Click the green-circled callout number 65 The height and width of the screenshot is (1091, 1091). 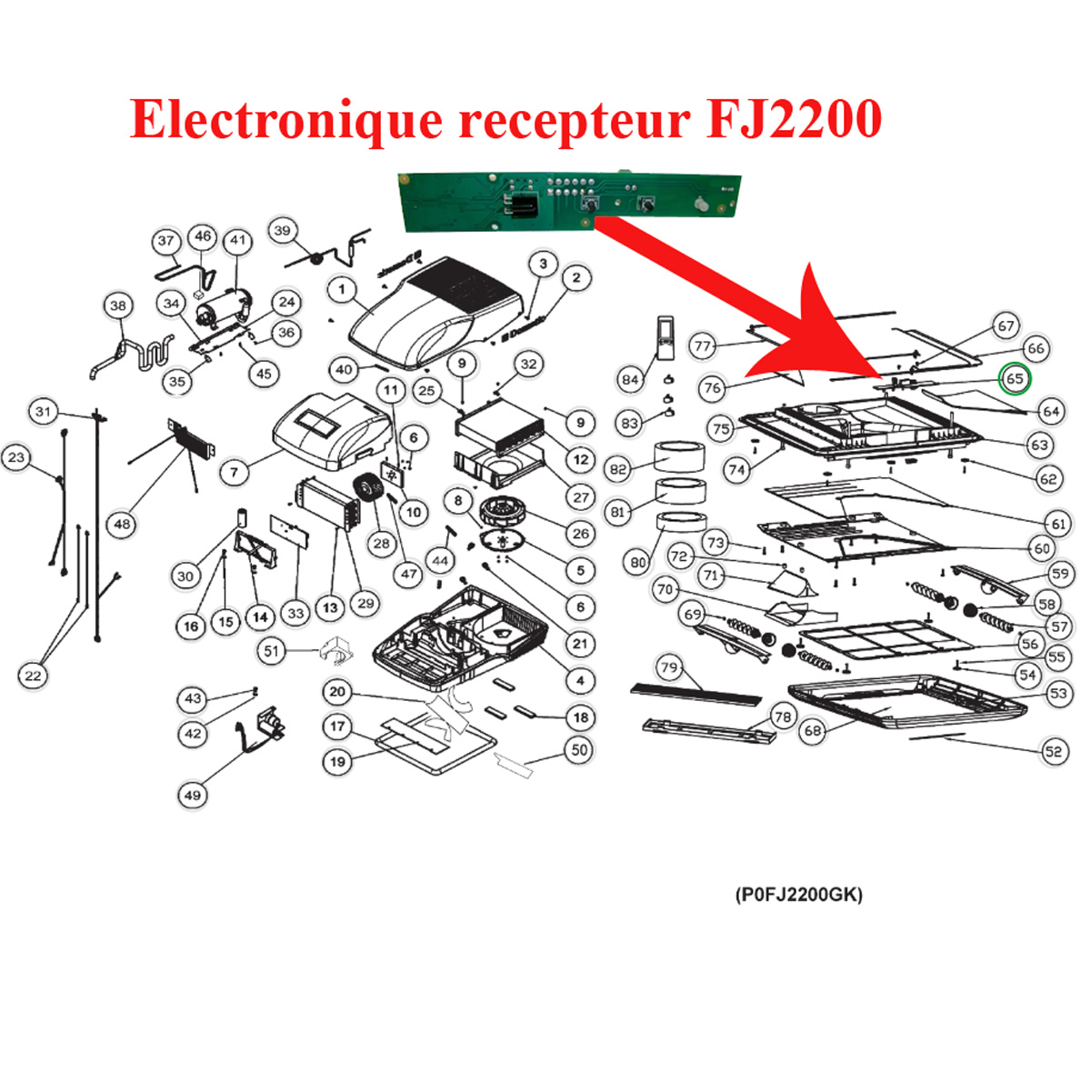pos(1015,378)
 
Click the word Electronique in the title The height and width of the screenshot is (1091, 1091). pos(285,118)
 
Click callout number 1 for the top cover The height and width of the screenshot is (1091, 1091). pos(342,290)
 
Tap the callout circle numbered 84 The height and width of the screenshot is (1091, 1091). pos(630,379)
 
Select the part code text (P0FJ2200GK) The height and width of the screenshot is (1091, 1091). pos(798,895)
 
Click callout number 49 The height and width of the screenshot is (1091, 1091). pos(193,796)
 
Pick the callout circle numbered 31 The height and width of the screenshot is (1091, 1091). pos(43,411)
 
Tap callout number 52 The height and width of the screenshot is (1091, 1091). pos(1053,751)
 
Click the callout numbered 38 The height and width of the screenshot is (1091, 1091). pos(118,305)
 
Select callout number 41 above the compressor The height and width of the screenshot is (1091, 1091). pos(238,241)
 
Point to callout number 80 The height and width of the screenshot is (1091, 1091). pos(638,563)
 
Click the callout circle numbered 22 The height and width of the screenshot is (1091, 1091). pos(33,676)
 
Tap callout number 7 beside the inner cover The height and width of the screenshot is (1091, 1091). pos(235,472)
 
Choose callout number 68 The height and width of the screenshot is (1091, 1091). pos(813,730)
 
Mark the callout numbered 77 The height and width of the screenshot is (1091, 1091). pos(702,345)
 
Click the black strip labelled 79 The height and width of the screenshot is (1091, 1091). pos(696,695)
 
